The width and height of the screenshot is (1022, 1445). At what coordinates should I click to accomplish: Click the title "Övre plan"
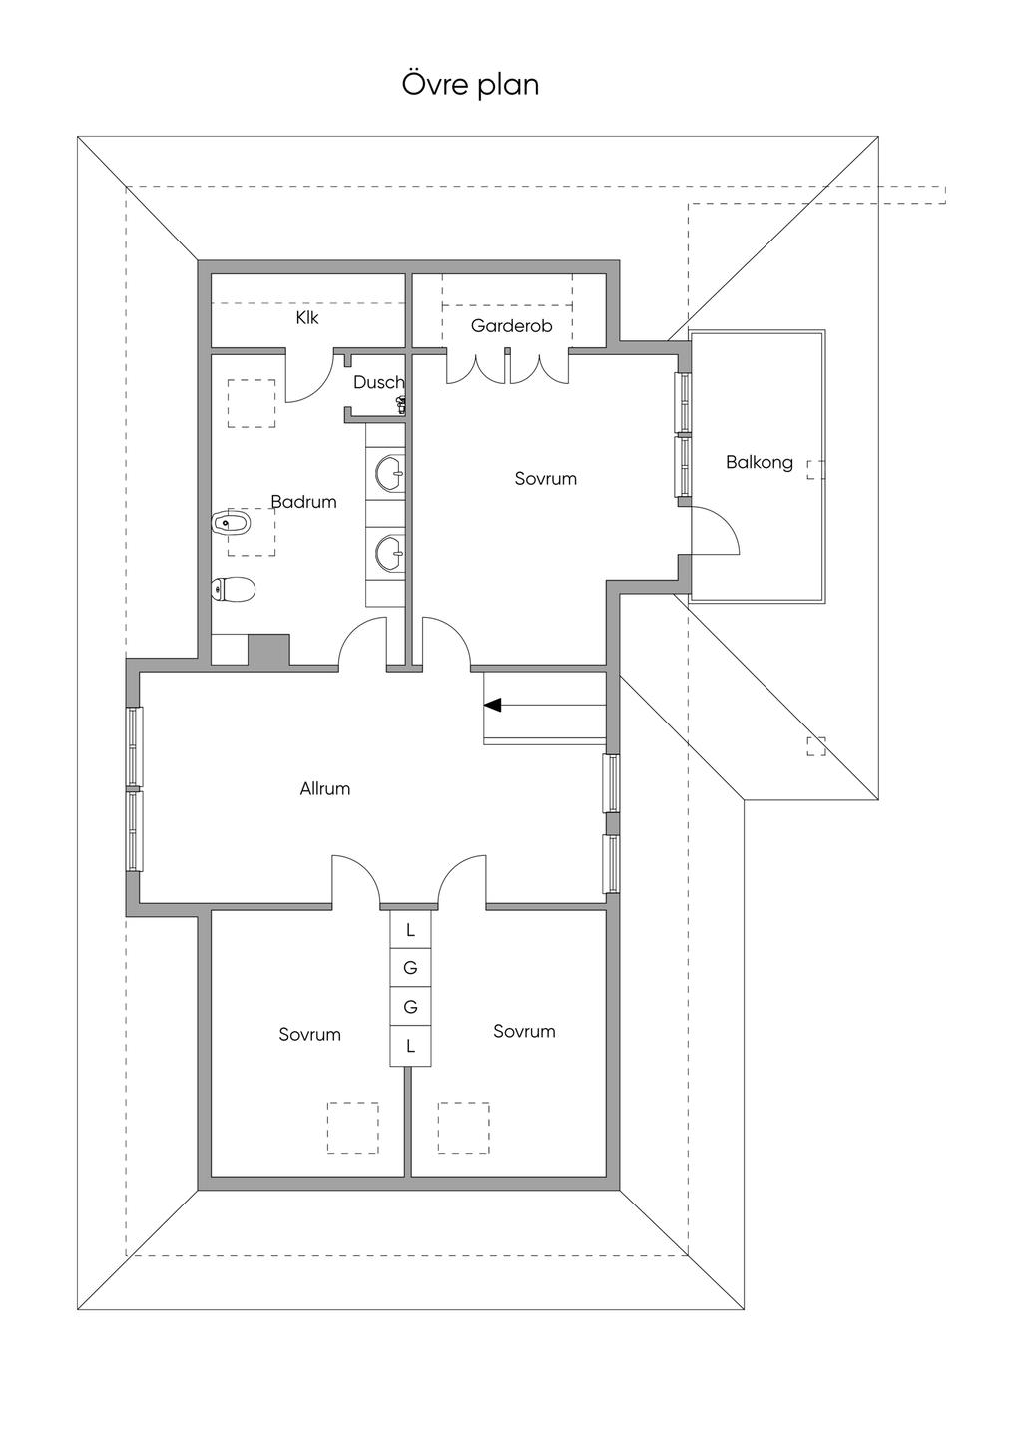[x=470, y=85]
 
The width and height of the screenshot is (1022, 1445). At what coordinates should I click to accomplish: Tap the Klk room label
[x=307, y=318]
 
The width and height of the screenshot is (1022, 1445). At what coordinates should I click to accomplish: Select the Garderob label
[x=512, y=325]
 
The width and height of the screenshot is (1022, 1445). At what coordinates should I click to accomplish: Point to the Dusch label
[x=378, y=382]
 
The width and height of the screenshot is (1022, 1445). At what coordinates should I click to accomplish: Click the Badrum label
[x=303, y=502]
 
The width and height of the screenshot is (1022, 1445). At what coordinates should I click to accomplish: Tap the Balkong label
[x=760, y=462]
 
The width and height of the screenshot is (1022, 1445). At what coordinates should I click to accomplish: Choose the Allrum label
[x=325, y=789]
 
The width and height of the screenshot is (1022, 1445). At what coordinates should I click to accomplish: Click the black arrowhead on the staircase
[x=492, y=706]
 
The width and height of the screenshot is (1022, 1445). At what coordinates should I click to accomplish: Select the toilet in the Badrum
[x=234, y=590]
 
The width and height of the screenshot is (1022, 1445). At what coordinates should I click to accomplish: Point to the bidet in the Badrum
[x=232, y=523]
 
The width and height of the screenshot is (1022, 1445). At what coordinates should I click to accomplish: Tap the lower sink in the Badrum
[x=390, y=554]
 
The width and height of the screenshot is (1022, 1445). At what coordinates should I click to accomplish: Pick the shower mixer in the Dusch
[x=400, y=405]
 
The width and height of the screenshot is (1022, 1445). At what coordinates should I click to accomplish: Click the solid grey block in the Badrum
[x=269, y=650]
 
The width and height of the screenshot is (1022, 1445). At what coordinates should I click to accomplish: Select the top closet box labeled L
[x=410, y=930]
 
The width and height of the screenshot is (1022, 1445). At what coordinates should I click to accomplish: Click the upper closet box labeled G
[x=410, y=968]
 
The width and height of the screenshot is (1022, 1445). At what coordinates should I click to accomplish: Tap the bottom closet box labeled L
[x=410, y=1046]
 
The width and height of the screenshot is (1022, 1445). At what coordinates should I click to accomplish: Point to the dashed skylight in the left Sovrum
[x=353, y=1127]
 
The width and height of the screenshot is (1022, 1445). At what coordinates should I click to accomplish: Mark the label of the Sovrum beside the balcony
[x=546, y=479]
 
